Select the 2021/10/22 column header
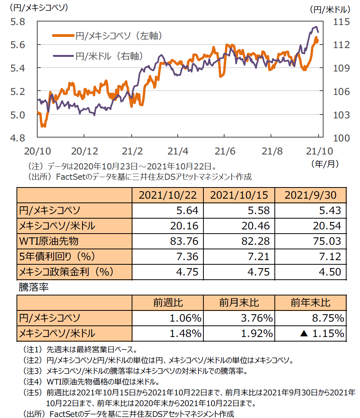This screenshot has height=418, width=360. [x=167, y=195]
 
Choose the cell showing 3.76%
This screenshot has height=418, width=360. [x=257, y=318]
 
